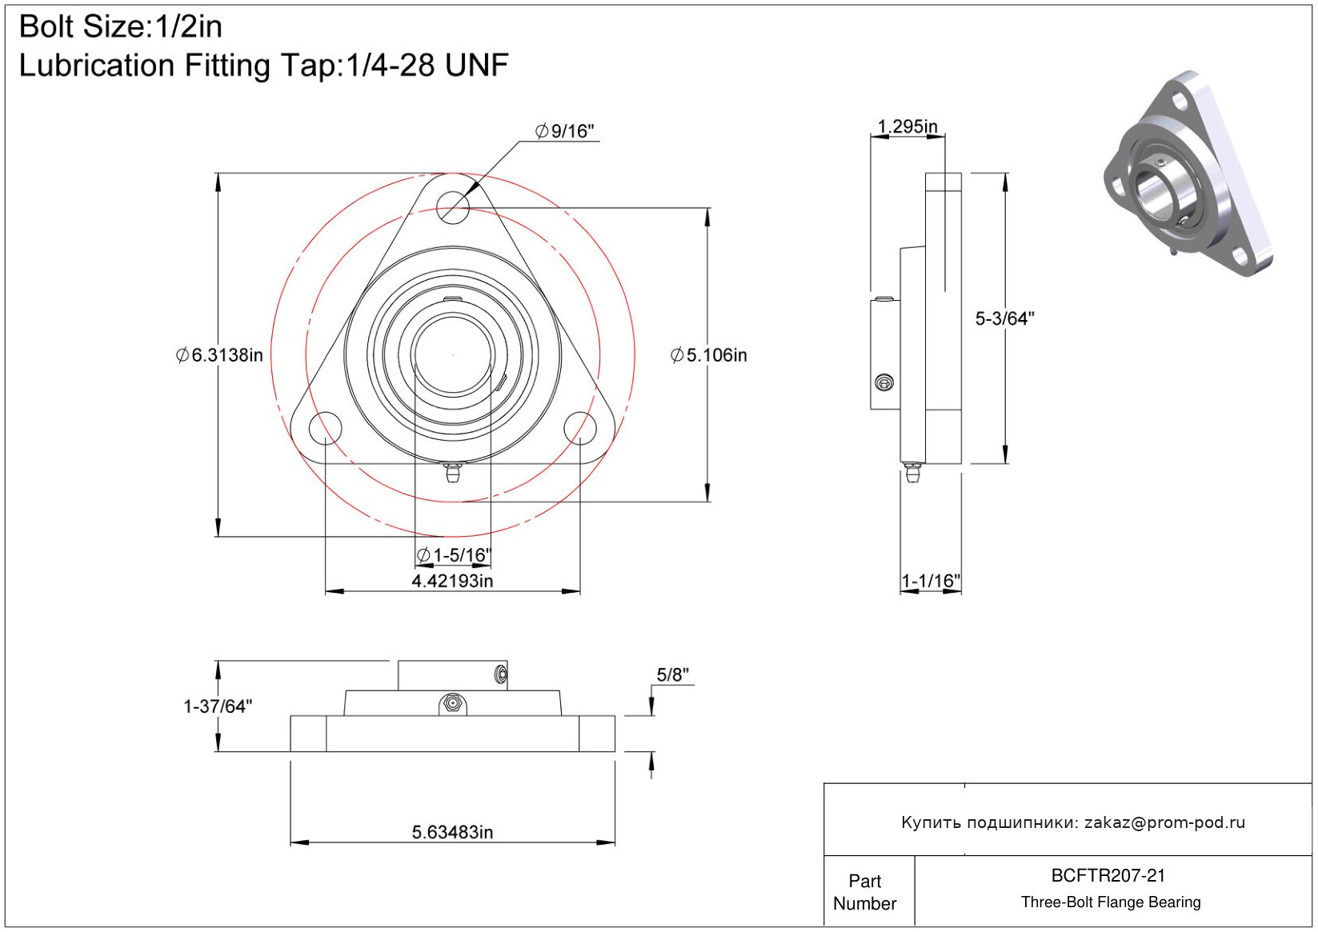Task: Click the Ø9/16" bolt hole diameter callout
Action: [x=565, y=131]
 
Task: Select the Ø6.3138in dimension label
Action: [x=219, y=355]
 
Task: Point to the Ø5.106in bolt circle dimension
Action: [x=709, y=355]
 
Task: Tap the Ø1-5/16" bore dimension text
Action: [x=454, y=555]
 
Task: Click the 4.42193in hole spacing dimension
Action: [x=452, y=581]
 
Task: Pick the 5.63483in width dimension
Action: [x=452, y=832]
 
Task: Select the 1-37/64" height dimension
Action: [x=218, y=706]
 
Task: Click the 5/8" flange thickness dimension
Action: [x=672, y=675]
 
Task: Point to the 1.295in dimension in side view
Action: [x=907, y=126]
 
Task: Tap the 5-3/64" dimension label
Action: [x=1004, y=318]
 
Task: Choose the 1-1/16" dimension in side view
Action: [x=931, y=581]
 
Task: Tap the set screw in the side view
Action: [x=884, y=383]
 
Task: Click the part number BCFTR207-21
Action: [x=1108, y=875]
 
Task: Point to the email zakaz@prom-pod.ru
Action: [x=1164, y=822]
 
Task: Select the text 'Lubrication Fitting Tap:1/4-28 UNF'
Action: [x=263, y=66]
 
